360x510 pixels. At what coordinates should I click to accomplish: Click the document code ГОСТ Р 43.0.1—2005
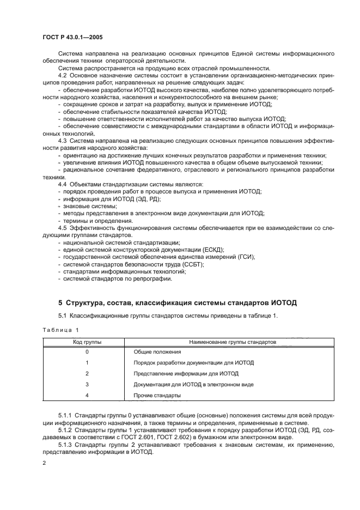click(74, 38)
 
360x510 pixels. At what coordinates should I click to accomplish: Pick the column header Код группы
click(87, 342)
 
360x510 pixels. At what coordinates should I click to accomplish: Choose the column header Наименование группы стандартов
click(233, 342)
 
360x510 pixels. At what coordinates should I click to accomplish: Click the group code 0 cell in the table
click(87, 352)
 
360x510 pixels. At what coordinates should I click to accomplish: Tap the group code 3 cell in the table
click(87, 384)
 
